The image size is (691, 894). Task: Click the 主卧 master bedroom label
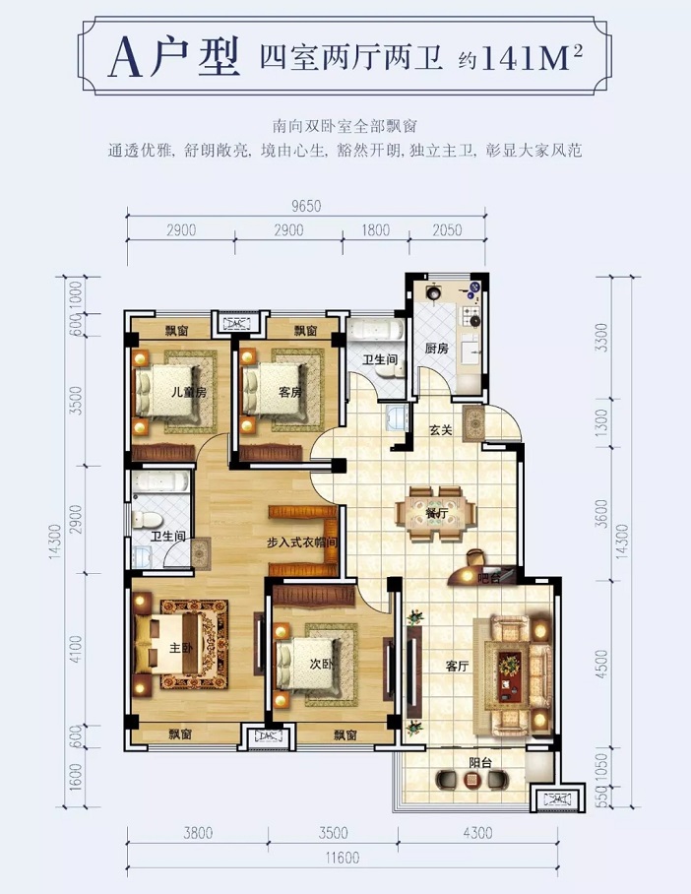(183, 648)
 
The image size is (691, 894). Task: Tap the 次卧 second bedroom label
(322, 664)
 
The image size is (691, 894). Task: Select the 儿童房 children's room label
(189, 392)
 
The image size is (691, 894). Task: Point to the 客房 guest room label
(290, 392)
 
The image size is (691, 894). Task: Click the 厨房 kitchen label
(437, 349)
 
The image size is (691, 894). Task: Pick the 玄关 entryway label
(441, 430)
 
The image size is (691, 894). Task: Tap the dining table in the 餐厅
(438, 513)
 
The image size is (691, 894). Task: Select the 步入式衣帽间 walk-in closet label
(302, 543)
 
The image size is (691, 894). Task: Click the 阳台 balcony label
(480, 762)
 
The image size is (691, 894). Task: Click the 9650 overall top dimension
(306, 206)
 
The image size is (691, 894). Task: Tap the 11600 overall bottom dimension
(343, 858)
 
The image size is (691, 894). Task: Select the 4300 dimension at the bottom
(477, 833)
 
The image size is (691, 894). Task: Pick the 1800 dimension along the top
(376, 229)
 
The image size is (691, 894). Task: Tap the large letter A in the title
(125, 58)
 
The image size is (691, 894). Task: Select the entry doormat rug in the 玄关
(473, 422)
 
